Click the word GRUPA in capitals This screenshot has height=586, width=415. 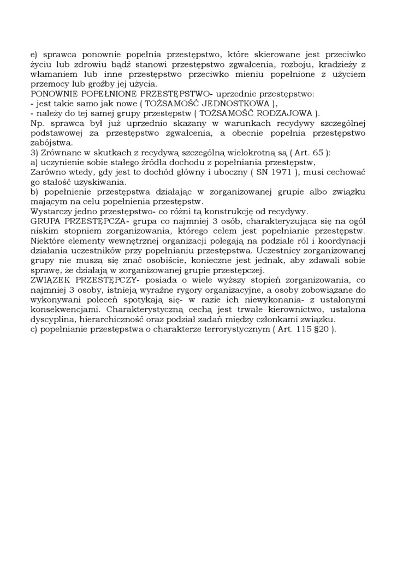click(x=44, y=221)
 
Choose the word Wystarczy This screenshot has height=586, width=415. click(x=50, y=212)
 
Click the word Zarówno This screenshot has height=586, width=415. click(x=48, y=172)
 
